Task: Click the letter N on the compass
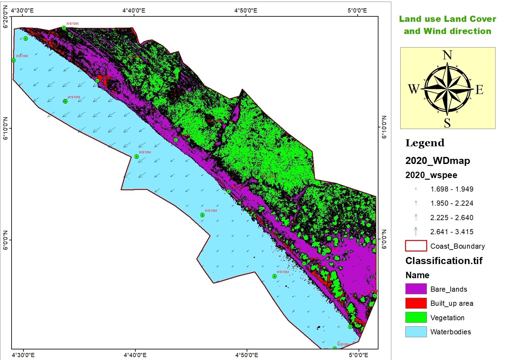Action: click(x=447, y=55)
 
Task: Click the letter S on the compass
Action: click(x=447, y=123)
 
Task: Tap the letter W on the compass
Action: click(x=413, y=89)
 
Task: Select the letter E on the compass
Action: click(x=479, y=90)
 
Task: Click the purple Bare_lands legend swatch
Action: click(x=416, y=289)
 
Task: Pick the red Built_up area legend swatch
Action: click(x=416, y=303)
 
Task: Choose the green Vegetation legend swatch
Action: click(x=416, y=317)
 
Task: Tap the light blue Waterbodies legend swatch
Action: click(x=416, y=331)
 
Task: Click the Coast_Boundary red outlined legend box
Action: click(x=416, y=246)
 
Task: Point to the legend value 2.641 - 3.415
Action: click(x=452, y=232)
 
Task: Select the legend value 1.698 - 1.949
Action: click(x=452, y=189)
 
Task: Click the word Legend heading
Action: click(x=425, y=143)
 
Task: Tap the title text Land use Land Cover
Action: click(x=447, y=19)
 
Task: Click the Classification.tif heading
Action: click(x=444, y=261)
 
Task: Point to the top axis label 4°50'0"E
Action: click(x=246, y=10)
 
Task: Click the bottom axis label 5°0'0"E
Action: click(x=358, y=355)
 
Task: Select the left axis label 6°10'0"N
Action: click(x=5, y=129)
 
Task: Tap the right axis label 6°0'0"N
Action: click(x=384, y=239)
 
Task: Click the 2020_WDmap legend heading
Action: click(x=437, y=160)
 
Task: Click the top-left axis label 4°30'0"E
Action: click(x=22, y=10)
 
